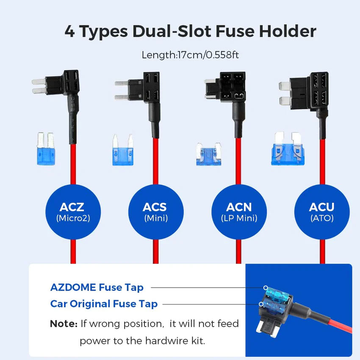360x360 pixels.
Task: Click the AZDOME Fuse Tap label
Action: (x=97, y=288)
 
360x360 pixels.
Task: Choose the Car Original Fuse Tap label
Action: (x=104, y=304)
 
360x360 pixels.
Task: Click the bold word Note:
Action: (x=64, y=324)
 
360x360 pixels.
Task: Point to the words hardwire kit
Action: (x=178, y=341)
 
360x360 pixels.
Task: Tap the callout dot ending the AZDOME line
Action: (x=266, y=288)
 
